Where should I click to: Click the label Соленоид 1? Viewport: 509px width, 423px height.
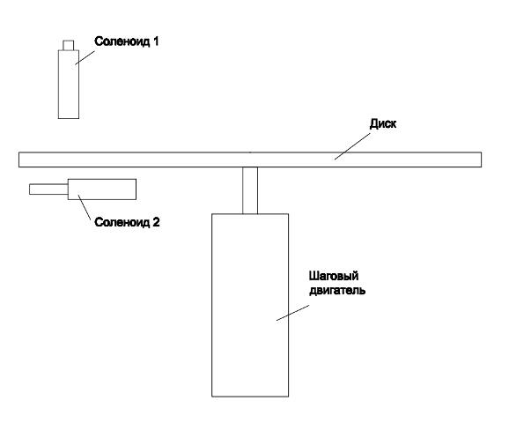point(126,41)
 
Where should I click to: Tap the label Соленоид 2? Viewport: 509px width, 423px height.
point(127,222)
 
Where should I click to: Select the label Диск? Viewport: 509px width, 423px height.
point(383,123)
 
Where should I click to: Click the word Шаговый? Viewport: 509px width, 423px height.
point(334,276)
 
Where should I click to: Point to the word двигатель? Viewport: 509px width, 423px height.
point(337,290)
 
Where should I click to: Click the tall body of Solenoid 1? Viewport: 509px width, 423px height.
point(69,84)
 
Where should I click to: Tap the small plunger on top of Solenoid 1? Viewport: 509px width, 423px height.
point(69,45)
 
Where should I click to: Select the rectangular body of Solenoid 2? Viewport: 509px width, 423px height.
point(102,189)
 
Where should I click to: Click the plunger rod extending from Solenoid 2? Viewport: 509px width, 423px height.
point(48,189)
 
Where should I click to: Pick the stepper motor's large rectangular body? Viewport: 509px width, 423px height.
point(250,305)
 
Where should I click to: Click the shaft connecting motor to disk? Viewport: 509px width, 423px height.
point(250,190)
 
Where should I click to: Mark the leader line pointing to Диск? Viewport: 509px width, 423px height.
point(352,146)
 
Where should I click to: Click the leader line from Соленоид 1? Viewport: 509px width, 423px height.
point(85,57)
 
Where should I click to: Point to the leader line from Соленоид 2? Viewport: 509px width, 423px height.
point(85,207)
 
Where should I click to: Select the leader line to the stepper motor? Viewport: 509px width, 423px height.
point(292,313)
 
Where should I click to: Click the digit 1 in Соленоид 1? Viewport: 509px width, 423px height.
point(156,41)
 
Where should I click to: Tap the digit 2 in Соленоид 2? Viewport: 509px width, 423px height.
point(156,222)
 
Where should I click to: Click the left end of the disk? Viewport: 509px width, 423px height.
point(18,160)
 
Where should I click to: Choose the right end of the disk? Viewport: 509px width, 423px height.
point(481,160)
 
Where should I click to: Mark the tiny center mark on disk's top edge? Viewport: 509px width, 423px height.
point(249,152)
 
